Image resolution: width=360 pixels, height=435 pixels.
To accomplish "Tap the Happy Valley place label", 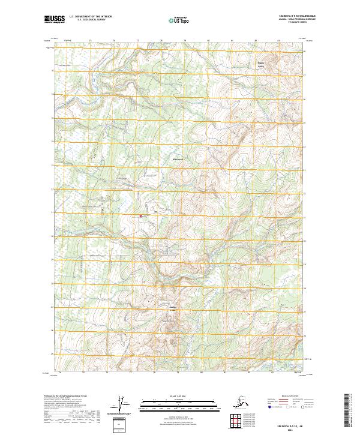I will (261, 62).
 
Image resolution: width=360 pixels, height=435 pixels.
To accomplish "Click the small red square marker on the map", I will (141, 215).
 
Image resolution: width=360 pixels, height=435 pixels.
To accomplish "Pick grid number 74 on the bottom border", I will (60, 372).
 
